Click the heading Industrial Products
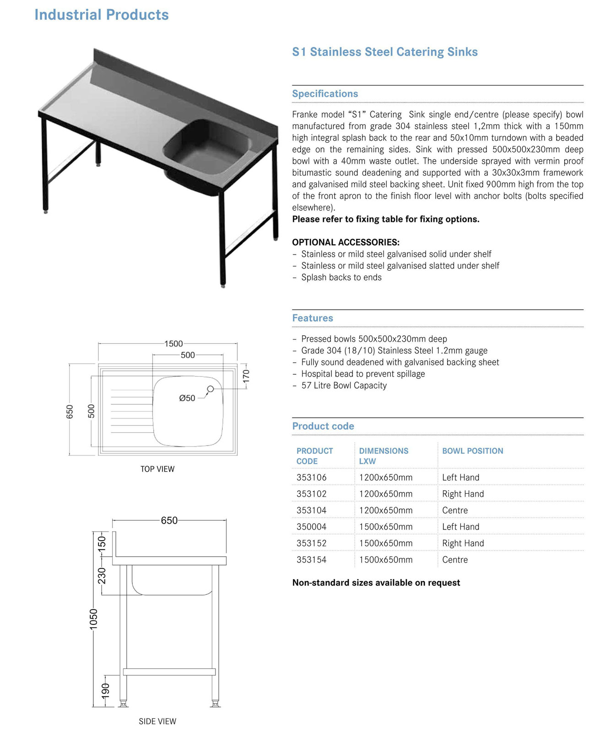102,15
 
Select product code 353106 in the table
311,477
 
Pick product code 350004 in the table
311,527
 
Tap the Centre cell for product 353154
454,560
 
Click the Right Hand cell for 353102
463,494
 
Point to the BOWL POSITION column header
472,451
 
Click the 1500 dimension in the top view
173,344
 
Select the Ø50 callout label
187,398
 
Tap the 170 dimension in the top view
246,376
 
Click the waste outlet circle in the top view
211,389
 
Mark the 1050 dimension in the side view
94,619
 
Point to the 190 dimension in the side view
106,690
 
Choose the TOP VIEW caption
157,469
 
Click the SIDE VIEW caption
157,721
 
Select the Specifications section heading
325,94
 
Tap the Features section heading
313,318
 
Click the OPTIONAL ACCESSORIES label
346,242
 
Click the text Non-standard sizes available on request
376,582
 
